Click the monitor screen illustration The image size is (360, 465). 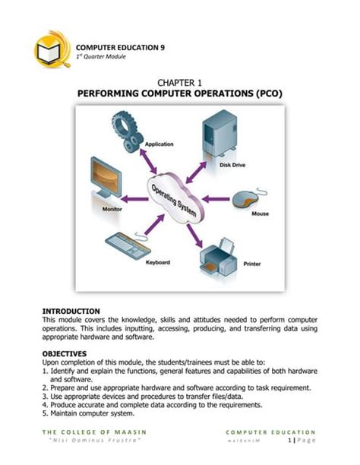pos(106,179)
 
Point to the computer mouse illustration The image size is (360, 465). pos(248,199)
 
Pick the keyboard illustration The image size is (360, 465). pos(130,244)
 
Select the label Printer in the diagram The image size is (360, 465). pos(252,264)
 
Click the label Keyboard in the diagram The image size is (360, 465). pos(157,262)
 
